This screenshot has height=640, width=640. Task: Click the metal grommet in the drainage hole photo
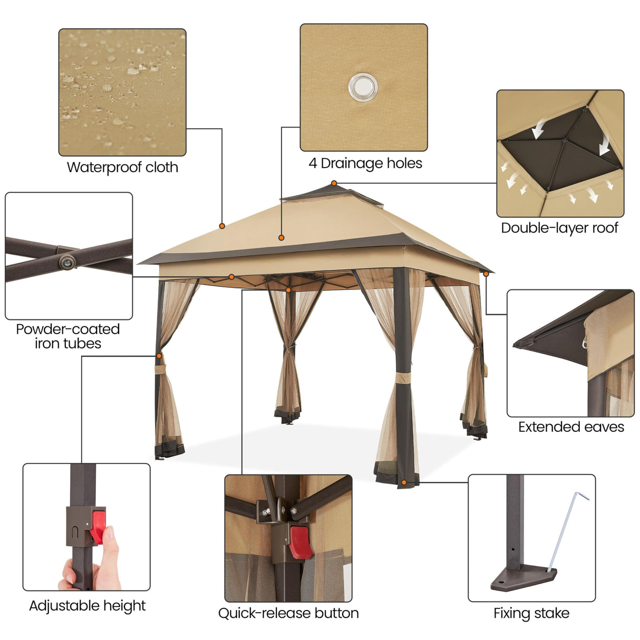363,86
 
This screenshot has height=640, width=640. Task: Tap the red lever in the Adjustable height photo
97,525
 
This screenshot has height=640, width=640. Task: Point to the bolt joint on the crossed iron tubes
67,260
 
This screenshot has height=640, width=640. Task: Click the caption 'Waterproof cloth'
122,168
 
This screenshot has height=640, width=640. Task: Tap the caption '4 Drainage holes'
365,163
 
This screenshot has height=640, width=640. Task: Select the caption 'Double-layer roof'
559,228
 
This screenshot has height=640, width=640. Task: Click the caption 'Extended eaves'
571,427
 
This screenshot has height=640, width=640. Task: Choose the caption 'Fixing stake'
531,614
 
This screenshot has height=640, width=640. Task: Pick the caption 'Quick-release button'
288,614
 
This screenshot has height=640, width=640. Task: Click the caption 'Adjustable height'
87,606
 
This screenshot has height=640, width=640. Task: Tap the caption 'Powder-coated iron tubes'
68,336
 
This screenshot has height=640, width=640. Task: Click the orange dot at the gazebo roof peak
334,183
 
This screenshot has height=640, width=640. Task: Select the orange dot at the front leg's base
404,482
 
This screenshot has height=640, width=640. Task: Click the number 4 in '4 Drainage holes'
313,163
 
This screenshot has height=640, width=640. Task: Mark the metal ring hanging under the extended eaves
585,344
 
